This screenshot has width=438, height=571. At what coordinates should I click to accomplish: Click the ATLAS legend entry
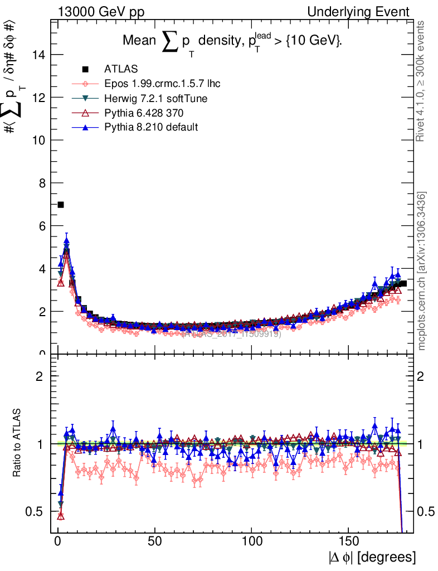pyautogui.click(x=117, y=69)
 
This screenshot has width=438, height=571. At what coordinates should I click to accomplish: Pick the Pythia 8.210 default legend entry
pyautogui.click(x=151, y=127)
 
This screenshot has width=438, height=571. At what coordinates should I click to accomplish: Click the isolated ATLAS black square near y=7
pyautogui.click(x=61, y=205)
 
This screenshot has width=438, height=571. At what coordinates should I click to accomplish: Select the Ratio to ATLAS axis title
pyautogui.click(x=18, y=444)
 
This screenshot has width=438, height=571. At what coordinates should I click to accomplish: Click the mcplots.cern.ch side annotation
pyautogui.click(x=422, y=271)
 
